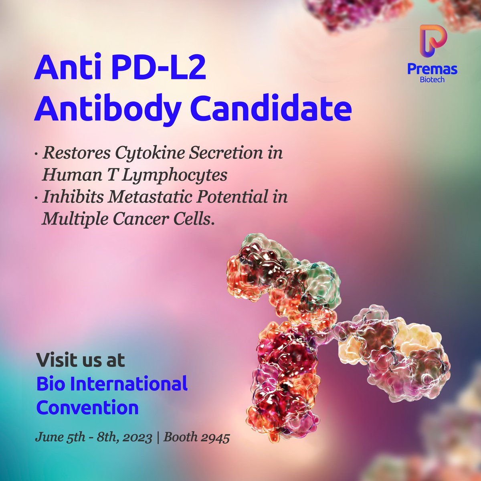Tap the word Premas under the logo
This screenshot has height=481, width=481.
[432, 69]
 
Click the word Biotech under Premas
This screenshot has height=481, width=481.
[432, 79]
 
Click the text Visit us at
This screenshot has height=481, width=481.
[81, 360]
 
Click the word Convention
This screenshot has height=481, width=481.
[87, 408]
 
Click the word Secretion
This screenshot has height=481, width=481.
[211, 154]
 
